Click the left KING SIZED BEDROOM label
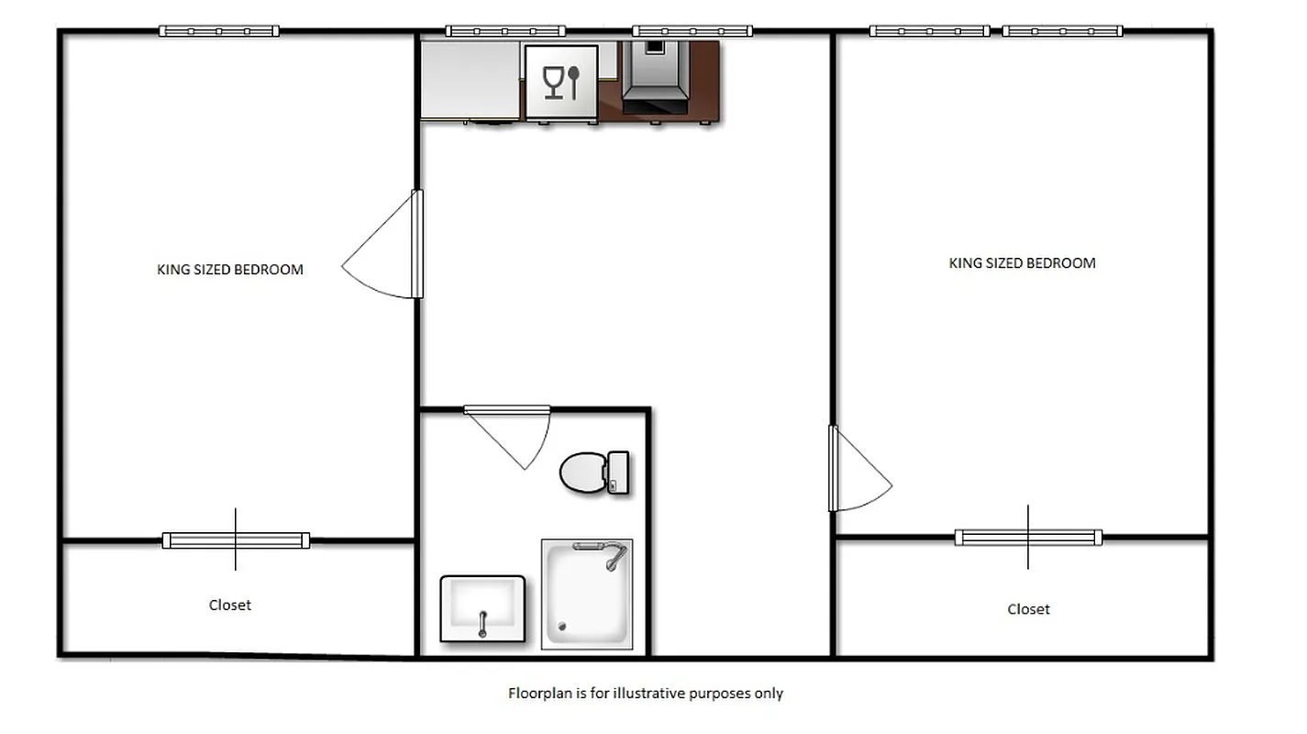[x=230, y=270]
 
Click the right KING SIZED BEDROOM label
[x=1022, y=263]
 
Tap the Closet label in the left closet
[x=229, y=606]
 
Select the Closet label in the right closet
[x=1028, y=609]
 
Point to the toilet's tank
[x=618, y=473]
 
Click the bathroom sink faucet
[x=482, y=624]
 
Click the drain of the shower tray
[x=562, y=628]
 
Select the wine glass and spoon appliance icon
[x=561, y=83]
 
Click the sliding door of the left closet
[x=236, y=540]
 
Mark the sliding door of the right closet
[x=1028, y=538]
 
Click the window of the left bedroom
[x=218, y=31]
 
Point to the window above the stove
[x=692, y=31]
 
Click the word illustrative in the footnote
[x=648, y=694]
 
